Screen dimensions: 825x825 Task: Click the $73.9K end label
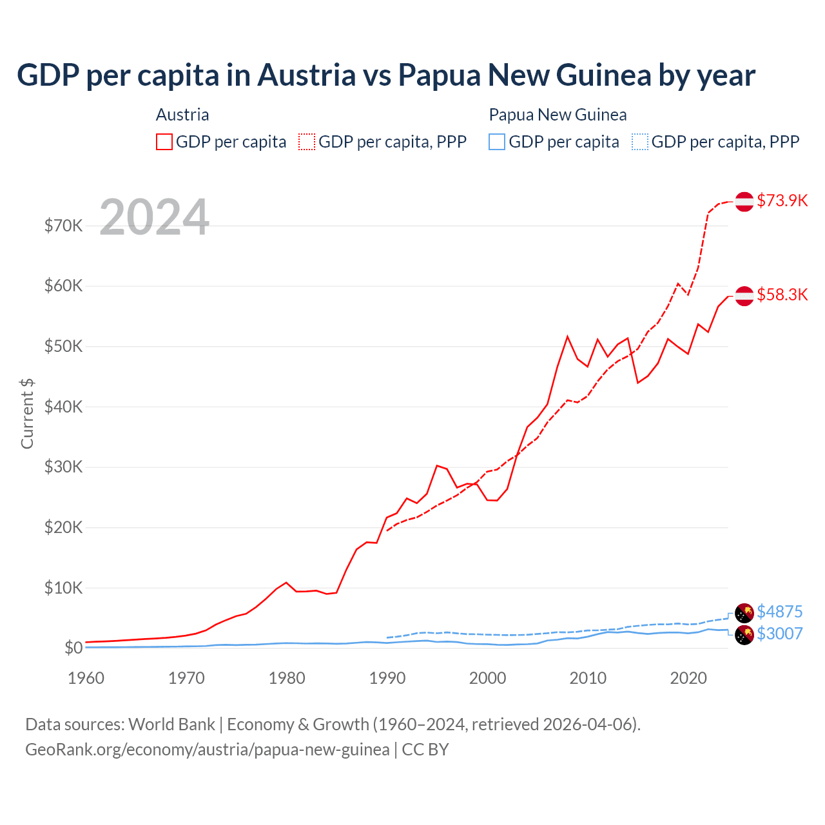click(782, 200)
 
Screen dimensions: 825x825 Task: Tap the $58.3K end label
click(782, 295)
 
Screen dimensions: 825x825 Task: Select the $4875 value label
click(779, 611)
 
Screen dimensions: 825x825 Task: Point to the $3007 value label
click(779, 634)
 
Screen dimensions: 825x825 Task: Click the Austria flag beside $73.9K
click(744, 201)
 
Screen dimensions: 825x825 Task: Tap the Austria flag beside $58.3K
click(744, 295)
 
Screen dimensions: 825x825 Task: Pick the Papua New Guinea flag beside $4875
click(744, 612)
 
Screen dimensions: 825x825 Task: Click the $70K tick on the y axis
click(64, 226)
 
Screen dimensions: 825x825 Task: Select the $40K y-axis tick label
click(64, 407)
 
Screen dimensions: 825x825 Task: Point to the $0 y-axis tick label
click(73, 648)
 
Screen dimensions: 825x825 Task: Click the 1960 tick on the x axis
click(86, 678)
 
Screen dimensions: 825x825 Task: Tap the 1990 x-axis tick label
click(387, 678)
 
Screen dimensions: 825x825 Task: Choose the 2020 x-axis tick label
click(688, 678)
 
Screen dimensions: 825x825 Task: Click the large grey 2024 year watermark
click(155, 217)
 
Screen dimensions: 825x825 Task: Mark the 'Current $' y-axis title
click(27, 414)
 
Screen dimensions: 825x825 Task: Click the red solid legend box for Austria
click(164, 142)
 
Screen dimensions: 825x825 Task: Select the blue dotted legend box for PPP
click(640, 142)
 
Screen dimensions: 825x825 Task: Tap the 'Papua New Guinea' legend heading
click(558, 115)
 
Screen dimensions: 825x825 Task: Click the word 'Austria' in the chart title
click(306, 75)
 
